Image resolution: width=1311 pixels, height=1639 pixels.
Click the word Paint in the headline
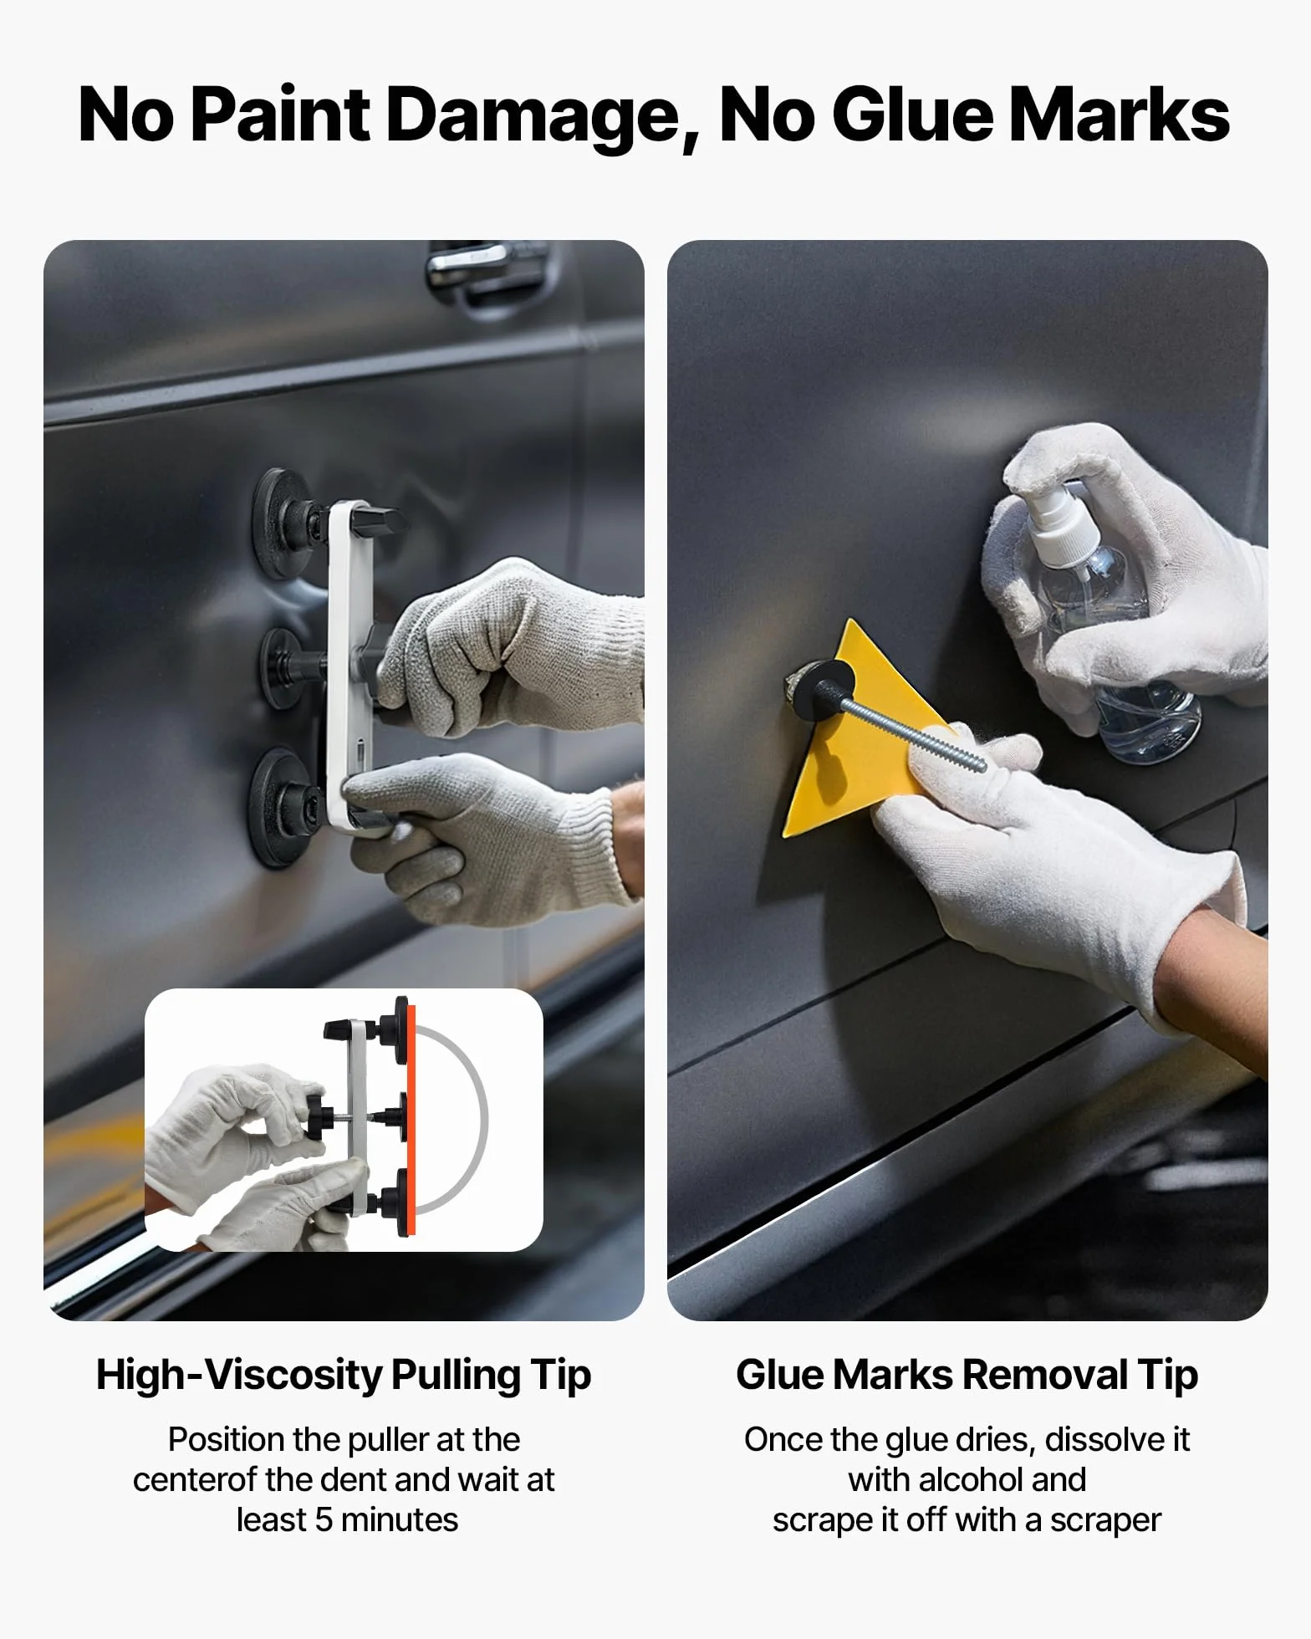(x=280, y=115)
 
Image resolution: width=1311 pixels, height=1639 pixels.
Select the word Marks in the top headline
(x=1119, y=115)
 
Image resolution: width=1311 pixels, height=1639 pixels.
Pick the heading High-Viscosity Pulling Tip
(x=344, y=1376)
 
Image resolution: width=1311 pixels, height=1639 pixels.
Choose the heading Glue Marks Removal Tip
(x=967, y=1376)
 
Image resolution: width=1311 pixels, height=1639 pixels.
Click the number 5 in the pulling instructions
(x=324, y=1519)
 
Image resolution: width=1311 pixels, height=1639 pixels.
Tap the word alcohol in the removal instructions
(x=971, y=1479)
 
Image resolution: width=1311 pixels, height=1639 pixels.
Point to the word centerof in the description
(x=195, y=1479)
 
